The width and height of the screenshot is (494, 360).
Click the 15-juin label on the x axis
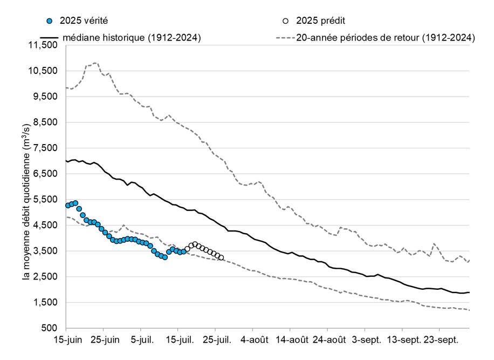pyautogui.click(x=66, y=341)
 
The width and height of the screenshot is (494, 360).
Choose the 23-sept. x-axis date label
pyautogui.click(x=443, y=341)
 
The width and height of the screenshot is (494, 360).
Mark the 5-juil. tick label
pyautogui.click(x=141, y=341)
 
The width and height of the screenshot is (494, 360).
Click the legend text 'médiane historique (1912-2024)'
pyautogui.click(x=132, y=37)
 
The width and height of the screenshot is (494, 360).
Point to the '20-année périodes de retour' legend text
pyautogui.click(x=386, y=37)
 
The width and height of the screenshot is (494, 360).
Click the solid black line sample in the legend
pyautogui.click(x=49, y=37)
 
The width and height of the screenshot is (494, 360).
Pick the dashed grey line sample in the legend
pyautogui.click(x=285, y=37)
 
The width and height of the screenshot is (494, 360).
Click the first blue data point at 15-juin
pyautogui.click(x=68, y=205)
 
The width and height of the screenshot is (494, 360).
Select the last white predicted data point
pyautogui.click(x=221, y=257)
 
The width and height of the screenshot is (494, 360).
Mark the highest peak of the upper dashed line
pyautogui.click(x=95, y=63)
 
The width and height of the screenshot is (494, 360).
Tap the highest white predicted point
pyautogui.click(x=195, y=244)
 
